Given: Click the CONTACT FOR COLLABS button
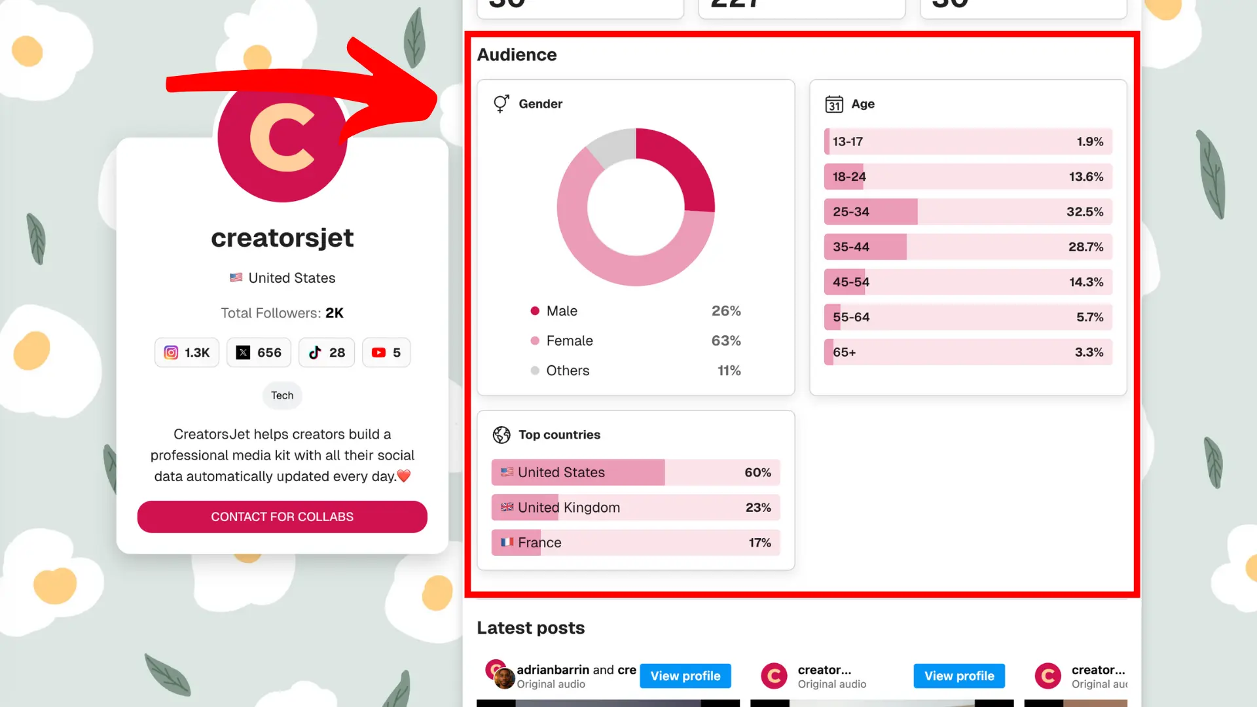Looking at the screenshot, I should (x=282, y=517).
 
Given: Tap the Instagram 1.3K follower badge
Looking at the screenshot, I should (x=187, y=352).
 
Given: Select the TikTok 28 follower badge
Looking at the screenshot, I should (x=327, y=352).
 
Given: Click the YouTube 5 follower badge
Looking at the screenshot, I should (x=386, y=352).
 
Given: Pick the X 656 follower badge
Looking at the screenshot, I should (x=259, y=352).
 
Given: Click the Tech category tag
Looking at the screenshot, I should (x=282, y=395).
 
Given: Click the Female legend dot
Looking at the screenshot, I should (x=535, y=340).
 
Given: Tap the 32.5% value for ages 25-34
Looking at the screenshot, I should (x=1084, y=211).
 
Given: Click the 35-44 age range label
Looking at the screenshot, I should (x=850, y=247).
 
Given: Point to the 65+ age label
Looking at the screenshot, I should (x=844, y=352).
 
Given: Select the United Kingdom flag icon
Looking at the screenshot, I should (x=507, y=507).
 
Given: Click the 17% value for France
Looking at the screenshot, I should (x=759, y=543).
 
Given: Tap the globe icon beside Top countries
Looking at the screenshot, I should (x=501, y=435).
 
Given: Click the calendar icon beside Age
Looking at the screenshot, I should (x=834, y=104).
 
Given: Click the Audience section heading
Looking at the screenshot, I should (x=517, y=55).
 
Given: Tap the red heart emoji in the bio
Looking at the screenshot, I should (x=404, y=476).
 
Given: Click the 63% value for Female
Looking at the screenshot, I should (x=726, y=340).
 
